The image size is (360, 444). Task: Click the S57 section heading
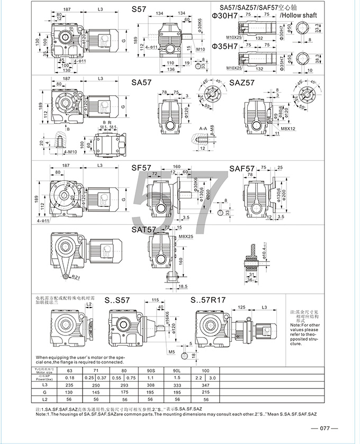[140, 10]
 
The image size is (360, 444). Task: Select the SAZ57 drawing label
[242, 83]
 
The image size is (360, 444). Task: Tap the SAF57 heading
[242, 168]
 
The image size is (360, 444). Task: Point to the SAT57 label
[144, 230]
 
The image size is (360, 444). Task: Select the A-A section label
[203, 129]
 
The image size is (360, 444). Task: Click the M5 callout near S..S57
[172, 351]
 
